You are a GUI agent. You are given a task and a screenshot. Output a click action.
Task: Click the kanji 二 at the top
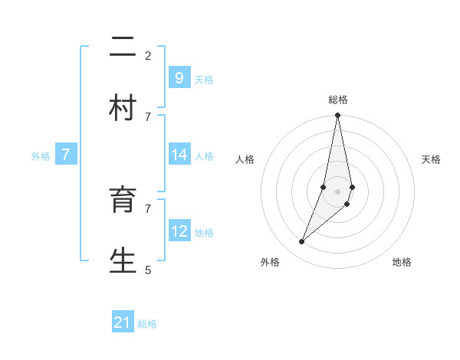click(x=123, y=48)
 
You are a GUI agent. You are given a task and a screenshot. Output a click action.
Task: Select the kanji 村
click(x=123, y=108)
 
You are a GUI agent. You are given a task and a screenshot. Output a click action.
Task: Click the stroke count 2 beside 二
click(x=148, y=55)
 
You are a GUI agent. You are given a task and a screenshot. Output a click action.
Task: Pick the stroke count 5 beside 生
click(x=148, y=270)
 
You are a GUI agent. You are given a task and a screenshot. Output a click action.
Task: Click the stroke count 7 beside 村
click(x=148, y=116)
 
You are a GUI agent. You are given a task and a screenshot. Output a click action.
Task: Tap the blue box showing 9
click(x=179, y=78)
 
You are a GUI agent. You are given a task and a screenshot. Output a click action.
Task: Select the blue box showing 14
click(x=179, y=155)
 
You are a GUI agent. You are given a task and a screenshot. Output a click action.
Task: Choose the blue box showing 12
click(x=179, y=231)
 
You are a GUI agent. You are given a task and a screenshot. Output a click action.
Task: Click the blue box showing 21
click(x=123, y=322)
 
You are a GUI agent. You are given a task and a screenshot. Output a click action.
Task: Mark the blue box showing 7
click(x=66, y=155)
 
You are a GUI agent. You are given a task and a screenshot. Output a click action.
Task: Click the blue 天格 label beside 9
click(x=204, y=80)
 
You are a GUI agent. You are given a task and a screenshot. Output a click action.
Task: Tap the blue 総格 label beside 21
click(x=147, y=324)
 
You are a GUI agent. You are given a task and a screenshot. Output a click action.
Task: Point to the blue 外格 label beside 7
click(x=41, y=156)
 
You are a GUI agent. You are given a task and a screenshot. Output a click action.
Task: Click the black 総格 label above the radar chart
click(x=338, y=100)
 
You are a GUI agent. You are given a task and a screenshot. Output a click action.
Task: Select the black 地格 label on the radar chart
click(x=402, y=262)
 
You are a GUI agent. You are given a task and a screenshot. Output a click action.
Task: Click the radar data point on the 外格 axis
click(x=302, y=242)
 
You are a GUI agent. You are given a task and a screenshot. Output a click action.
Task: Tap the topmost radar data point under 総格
click(x=338, y=116)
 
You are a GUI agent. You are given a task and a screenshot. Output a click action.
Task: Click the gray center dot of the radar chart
click(x=338, y=191)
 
